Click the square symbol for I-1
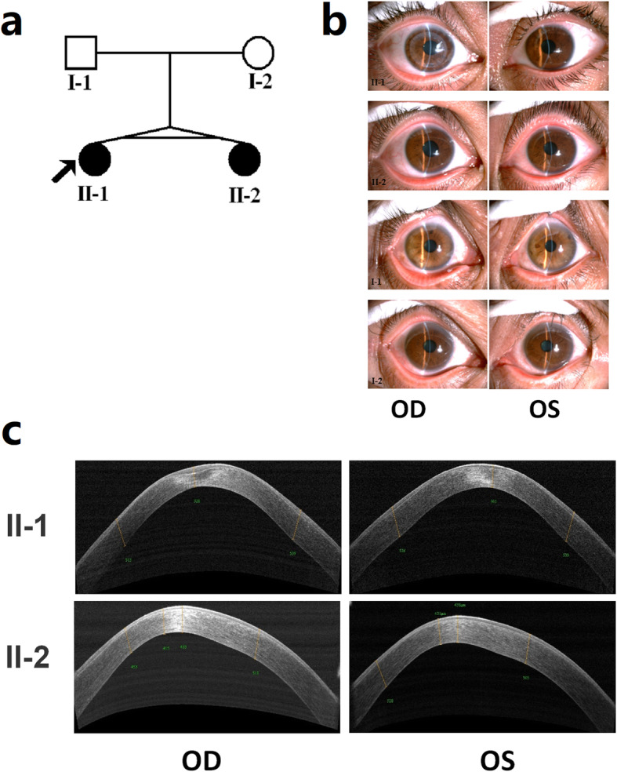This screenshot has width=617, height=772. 80,53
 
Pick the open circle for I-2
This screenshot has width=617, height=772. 258,54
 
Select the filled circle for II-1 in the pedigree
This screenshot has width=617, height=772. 94,159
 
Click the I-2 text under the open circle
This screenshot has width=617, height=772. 258,82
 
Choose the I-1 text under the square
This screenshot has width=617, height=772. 79,82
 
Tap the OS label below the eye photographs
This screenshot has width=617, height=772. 545,410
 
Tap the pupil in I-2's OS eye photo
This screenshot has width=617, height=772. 546,344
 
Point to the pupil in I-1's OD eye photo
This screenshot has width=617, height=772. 430,246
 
